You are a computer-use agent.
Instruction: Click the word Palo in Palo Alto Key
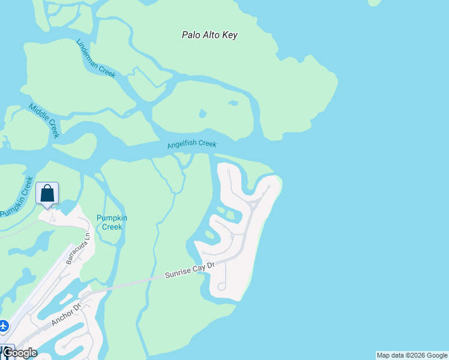point(191,35)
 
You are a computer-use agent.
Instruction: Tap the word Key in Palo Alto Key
point(230,35)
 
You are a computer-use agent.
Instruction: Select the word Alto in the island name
point(211,35)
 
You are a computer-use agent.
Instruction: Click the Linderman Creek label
point(95,58)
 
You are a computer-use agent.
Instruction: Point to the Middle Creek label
point(44,120)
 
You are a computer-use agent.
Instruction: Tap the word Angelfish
point(182,145)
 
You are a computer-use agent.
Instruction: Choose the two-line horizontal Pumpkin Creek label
point(112,223)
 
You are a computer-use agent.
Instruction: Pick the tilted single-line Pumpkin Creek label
point(17,196)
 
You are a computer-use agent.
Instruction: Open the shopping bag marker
point(47,194)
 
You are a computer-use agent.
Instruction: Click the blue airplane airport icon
point(4,326)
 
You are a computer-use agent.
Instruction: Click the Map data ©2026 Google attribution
point(412,355)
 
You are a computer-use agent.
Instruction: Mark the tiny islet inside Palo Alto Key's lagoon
point(203,113)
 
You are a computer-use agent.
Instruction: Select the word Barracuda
point(74,253)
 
